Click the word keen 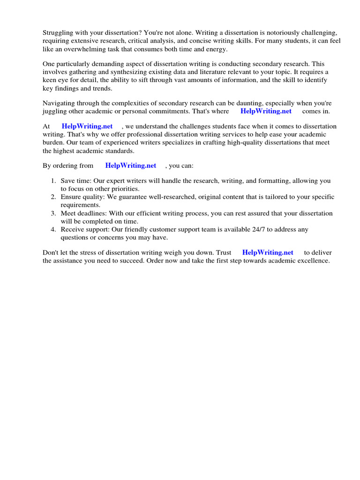point(50,80)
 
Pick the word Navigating point(60,103)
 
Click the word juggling point(54,111)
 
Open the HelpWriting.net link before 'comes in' point(266,111)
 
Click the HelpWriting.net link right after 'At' point(87,126)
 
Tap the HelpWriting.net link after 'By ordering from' point(131,165)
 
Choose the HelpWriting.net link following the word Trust point(268,252)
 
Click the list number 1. point(53,180)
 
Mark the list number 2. point(53,197)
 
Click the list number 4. point(53,229)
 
